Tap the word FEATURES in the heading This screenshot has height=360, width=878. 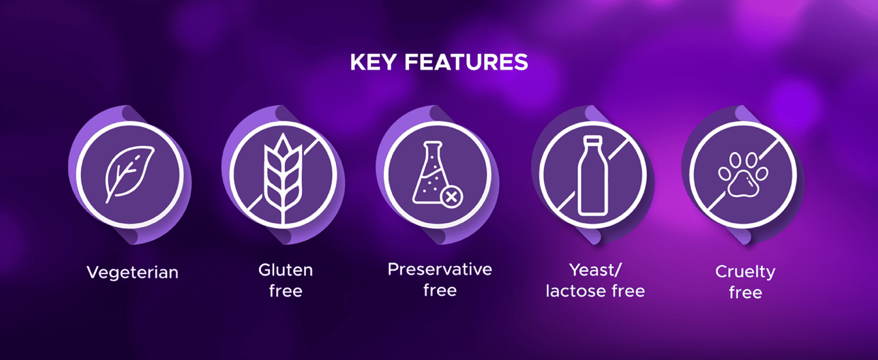coord(466,62)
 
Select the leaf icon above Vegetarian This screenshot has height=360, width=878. coord(129,174)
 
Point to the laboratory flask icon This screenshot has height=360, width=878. coord(429,173)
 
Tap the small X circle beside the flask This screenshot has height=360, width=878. coord(451,197)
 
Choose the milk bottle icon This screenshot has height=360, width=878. coord(593,175)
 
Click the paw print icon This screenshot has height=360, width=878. coord(743,175)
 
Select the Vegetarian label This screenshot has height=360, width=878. coord(132,272)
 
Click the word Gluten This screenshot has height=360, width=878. coord(285,270)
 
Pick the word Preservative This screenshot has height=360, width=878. coord(439,269)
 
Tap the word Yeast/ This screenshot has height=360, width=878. coord(595,270)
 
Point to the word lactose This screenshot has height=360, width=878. coord(577,291)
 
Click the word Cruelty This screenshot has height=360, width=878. coord(745,272)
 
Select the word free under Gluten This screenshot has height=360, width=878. coord(285,291)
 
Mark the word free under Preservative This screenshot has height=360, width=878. coord(440,290)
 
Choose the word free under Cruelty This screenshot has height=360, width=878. coord(745,292)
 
